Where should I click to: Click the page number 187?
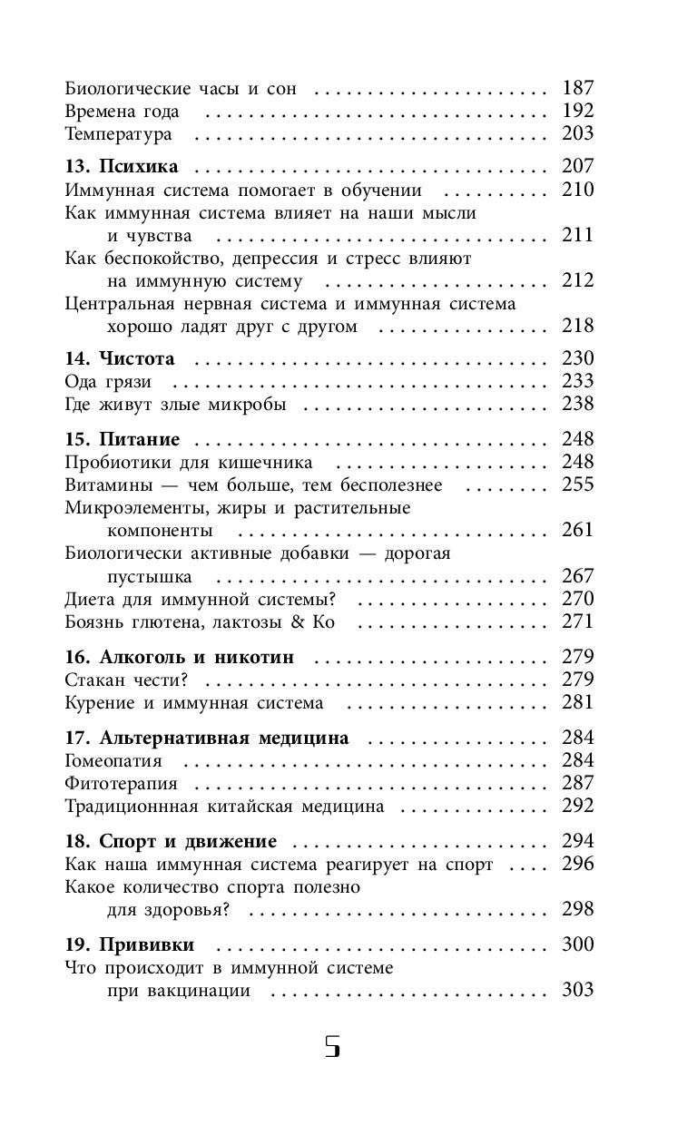[577, 88]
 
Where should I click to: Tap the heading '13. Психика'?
[122, 167]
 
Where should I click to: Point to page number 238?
[577, 405]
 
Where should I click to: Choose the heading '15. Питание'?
[123, 439]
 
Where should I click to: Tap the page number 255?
[577, 484]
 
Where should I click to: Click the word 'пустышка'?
[148, 576]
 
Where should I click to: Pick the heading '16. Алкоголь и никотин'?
[180, 657]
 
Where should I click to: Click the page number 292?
[577, 806]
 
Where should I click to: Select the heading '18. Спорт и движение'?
[171, 841]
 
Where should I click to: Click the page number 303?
[577, 991]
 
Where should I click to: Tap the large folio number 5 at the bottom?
[332, 1046]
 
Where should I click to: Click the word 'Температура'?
[118, 134]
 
